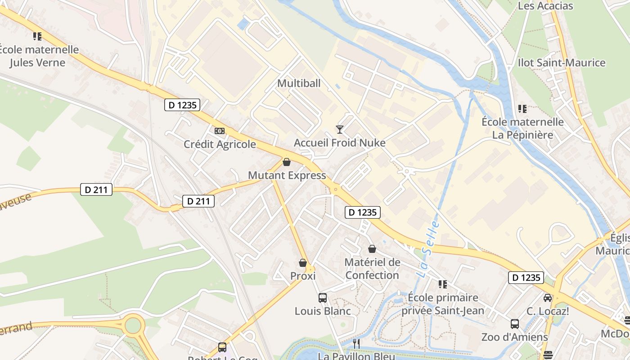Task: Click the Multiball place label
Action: point(299,83)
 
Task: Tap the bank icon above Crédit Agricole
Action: point(220,131)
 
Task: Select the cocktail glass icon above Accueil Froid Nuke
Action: point(340,130)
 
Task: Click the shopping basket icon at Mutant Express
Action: point(287,162)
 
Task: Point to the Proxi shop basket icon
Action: point(303,263)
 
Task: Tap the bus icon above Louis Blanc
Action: point(323,297)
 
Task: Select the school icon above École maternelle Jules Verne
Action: point(37,36)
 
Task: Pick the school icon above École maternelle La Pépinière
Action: point(522,108)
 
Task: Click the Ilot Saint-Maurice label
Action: point(562,63)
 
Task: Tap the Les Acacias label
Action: point(545,6)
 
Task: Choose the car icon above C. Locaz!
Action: point(548,297)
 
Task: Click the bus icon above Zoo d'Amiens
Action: point(515,324)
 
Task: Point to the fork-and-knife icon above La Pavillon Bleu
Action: point(356,344)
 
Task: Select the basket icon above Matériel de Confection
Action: point(372,249)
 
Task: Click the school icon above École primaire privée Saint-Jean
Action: point(443,284)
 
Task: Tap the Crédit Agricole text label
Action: point(220,144)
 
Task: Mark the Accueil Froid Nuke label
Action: point(340,143)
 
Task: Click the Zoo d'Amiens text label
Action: point(515,337)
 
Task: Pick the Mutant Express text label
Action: point(287,175)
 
